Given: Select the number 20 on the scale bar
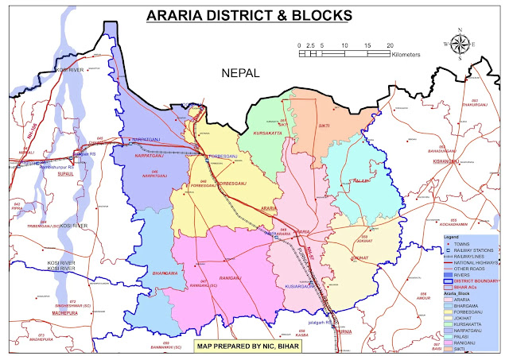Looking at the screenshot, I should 390,45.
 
